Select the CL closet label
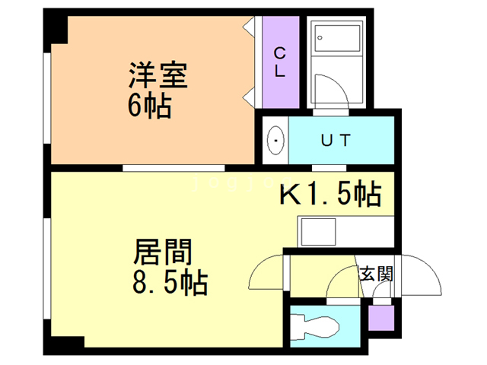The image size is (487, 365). click(279, 62)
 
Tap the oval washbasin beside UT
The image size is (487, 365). click(275, 140)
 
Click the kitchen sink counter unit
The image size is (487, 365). click(318, 230)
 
